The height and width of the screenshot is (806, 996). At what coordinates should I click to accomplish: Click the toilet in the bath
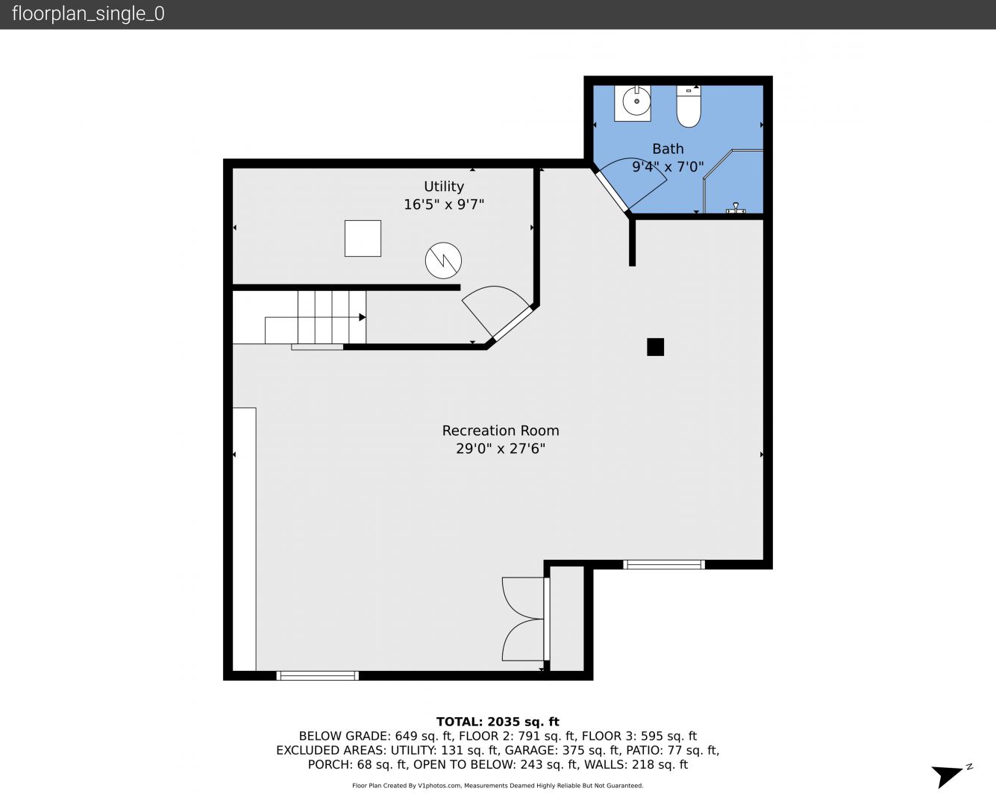[689, 107]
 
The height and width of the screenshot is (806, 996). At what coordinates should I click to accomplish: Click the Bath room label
[668, 149]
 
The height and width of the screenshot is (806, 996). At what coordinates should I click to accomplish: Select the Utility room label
[444, 186]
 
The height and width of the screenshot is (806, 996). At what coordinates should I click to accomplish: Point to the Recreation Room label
[501, 431]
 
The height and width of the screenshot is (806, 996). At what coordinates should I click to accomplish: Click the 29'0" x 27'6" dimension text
[501, 449]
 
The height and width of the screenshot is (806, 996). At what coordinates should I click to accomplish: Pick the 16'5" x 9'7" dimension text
[444, 204]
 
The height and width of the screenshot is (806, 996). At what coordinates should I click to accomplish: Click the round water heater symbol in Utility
[443, 260]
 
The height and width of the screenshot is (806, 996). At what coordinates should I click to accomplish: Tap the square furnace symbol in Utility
[363, 238]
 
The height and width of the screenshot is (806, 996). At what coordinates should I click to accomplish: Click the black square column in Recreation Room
[655, 347]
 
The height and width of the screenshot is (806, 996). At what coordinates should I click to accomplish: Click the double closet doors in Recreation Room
[525, 619]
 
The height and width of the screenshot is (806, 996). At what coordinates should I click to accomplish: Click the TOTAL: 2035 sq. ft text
[498, 722]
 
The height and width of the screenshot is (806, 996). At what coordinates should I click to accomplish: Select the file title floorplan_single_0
[88, 14]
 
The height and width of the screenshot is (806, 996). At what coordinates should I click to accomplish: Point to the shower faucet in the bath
[736, 208]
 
